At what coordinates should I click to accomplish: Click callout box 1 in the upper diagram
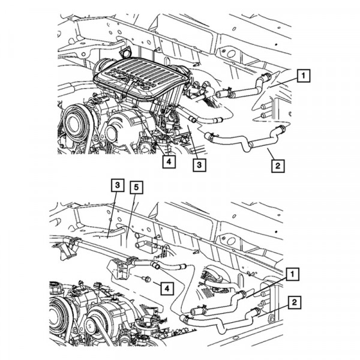pyautogui.click(x=304, y=76)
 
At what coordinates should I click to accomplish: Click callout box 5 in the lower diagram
pyautogui.click(x=137, y=188)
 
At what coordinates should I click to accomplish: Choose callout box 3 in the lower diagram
pyautogui.click(x=117, y=185)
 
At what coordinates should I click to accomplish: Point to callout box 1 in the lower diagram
pyautogui.click(x=292, y=275)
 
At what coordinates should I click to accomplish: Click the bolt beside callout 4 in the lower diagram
pyautogui.click(x=146, y=279)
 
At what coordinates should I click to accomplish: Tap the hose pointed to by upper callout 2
pyautogui.click(x=240, y=144)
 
